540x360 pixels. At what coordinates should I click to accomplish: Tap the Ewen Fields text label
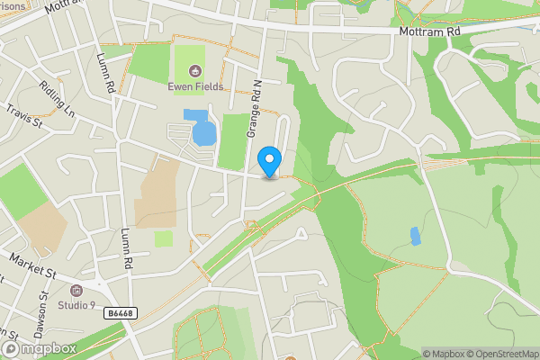click(194, 86)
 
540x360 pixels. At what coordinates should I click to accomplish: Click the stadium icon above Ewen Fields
click(194, 71)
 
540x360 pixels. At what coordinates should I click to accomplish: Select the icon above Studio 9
click(76, 291)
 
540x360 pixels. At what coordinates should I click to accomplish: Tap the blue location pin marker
click(269, 162)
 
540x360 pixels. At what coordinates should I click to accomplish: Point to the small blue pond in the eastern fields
click(415, 237)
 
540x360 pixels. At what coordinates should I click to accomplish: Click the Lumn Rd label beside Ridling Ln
click(106, 74)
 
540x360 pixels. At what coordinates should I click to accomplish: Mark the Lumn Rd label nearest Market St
click(127, 248)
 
